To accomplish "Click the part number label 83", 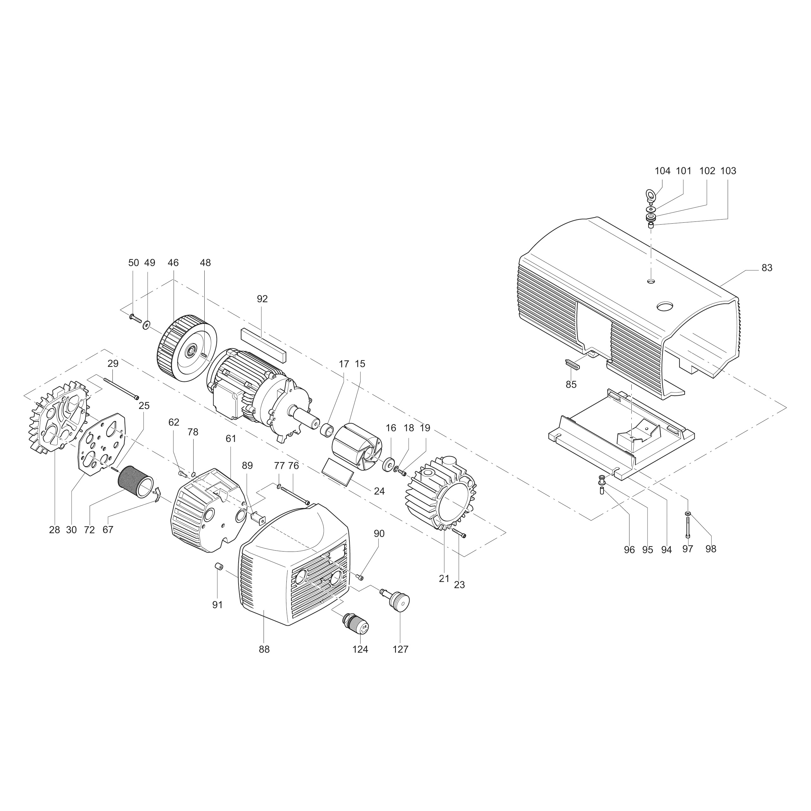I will [x=767, y=268].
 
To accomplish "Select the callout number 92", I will [x=262, y=299].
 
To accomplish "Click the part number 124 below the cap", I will [x=360, y=649].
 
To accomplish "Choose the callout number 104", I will [x=662, y=171].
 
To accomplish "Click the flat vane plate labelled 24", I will [x=337, y=472].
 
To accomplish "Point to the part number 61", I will [x=231, y=439].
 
